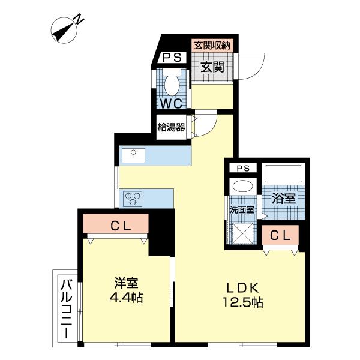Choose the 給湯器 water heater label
171,127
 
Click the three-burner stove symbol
132,196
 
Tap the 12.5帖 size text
243,303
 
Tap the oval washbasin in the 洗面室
242,187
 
